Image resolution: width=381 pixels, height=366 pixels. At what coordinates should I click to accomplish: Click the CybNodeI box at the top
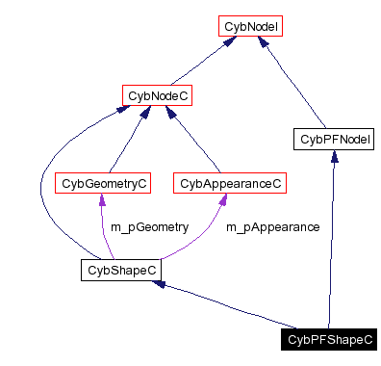(250, 28)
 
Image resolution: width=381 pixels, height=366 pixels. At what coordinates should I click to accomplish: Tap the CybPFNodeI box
(333, 140)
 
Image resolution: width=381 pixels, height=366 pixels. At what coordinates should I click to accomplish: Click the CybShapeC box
(119, 271)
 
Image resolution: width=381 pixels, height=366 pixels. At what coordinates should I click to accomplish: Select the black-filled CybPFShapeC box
(329, 339)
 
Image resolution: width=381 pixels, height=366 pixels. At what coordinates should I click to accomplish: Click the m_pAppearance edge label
(272, 227)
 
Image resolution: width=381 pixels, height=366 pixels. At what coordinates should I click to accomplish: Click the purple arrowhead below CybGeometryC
(102, 199)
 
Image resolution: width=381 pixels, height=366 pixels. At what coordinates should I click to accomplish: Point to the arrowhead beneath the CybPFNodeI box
(333, 157)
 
